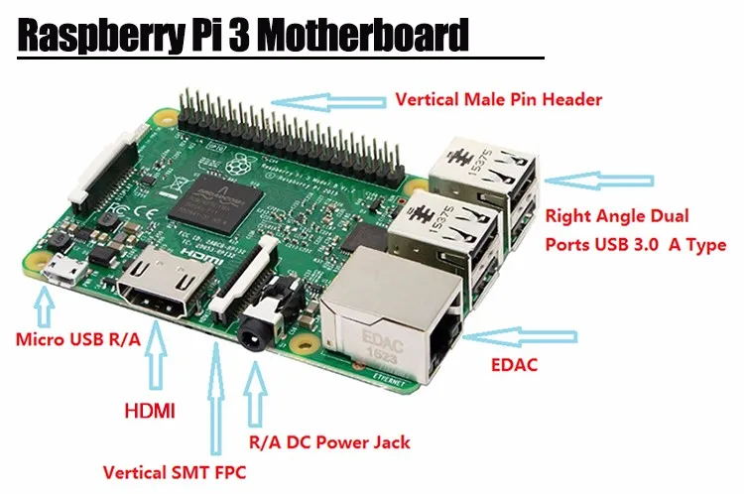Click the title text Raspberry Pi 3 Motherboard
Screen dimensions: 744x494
tap(242, 37)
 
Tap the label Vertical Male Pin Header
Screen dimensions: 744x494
tap(498, 100)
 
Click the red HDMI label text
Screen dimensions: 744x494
tap(148, 409)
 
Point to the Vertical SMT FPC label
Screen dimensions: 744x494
tap(174, 471)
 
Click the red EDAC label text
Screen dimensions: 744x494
tap(514, 365)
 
